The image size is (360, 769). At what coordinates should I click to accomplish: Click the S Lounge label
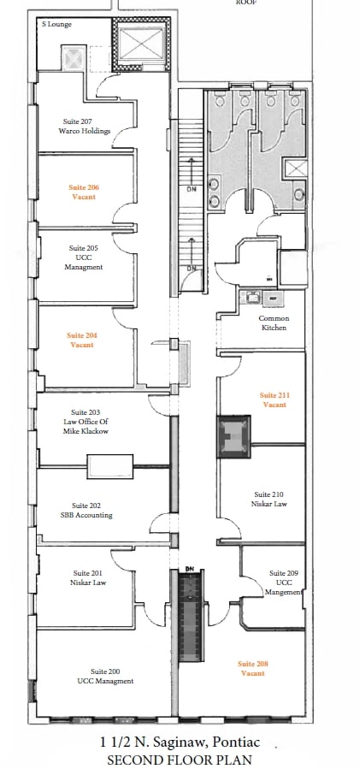(57, 25)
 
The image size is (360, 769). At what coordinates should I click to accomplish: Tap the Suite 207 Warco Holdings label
(86, 127)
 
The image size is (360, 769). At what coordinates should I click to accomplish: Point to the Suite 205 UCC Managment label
(83, 257)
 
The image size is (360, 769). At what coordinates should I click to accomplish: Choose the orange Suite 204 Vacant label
(82, 340)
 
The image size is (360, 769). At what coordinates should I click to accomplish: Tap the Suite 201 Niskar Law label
(86, 577)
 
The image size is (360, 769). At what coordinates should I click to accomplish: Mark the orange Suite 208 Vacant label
(251, 669)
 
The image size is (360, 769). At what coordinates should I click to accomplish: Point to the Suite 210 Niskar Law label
(269, 500)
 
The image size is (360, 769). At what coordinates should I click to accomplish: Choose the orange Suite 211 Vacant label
(274, 399)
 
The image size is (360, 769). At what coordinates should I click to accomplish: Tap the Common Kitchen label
(274, 323)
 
